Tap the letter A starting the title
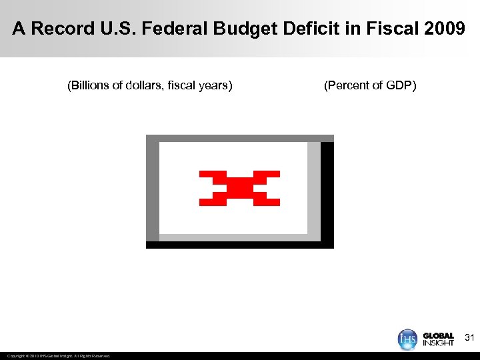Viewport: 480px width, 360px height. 19,29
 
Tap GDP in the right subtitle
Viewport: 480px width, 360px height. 400,85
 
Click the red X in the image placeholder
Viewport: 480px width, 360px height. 239,188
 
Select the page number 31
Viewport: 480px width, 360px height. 469,337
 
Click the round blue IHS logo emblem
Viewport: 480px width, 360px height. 408,339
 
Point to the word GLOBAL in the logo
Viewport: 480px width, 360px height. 438,336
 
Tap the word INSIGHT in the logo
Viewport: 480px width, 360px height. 438,343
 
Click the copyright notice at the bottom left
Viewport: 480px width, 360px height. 59,356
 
